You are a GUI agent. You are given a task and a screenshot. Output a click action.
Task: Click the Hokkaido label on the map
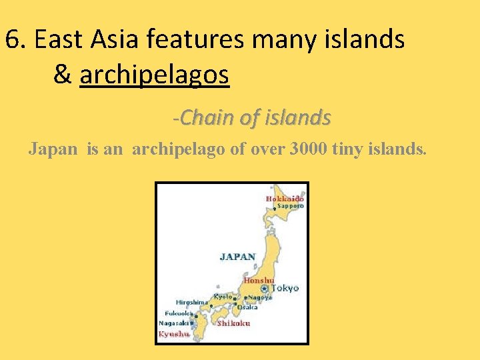point(285,199)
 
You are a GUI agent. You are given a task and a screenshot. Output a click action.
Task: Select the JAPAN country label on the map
point(237,256)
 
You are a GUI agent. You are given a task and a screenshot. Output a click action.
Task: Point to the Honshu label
point(259,281)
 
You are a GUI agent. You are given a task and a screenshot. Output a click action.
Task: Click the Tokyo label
point(285,289)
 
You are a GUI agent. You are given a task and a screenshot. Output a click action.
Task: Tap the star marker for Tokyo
point(265,289)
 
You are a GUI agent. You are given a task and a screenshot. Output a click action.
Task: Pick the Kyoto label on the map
point(223,296)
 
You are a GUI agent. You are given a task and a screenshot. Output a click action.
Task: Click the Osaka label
point(247,307)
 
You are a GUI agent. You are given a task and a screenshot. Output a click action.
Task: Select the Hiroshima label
point(192,302)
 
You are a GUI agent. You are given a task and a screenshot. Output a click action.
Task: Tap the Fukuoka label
point(179,313)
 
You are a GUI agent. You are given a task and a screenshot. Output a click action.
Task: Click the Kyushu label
point(173,333)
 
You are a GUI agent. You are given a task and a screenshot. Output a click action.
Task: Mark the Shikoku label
point(233,323)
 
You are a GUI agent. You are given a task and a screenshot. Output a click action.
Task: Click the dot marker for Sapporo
point(273,208)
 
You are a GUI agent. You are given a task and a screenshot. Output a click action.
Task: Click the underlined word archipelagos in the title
point(154,75)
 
